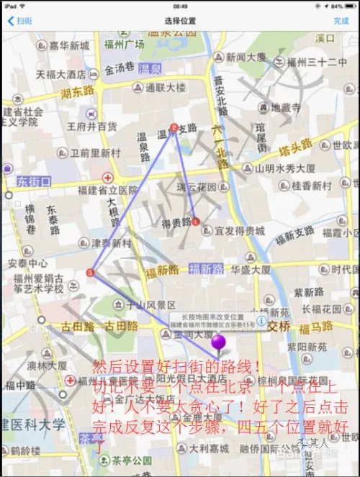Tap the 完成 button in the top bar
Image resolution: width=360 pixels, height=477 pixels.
(x=341, y=21)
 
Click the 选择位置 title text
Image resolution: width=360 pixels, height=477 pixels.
(x=179, y=21)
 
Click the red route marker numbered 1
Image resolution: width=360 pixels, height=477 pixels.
(x=196, y=222)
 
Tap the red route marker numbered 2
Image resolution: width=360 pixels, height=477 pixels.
(x=174, y=127)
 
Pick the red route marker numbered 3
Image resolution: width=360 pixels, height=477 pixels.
(x=89, y=273)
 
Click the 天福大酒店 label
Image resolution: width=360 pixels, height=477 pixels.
(x=61, y=74)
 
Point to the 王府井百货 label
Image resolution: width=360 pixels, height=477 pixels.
(x=92, y=127)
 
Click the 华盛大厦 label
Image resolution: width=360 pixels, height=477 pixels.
(x=251, y=270)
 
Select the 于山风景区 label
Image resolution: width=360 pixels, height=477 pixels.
(x=136, y=304)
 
